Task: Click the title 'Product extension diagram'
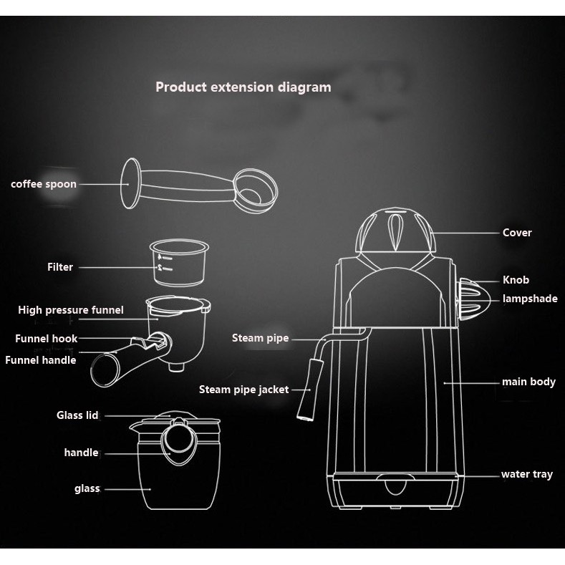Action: pyautogui.click(x=243, y=87)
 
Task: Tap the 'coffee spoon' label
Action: pyautogui.click(x=43, y=184)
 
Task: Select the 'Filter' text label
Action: pyautogui.click(x=60, y=267)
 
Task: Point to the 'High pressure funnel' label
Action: pyautogui.click(x=71, y=310)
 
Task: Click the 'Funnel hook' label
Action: pyautogui.click(x=46, y=338)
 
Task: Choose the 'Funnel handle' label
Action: pyautogui.click(x=41, y=360)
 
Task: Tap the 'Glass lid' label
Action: pyautogui.click(x=77, y=415)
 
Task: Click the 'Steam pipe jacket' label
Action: pyautogui.click(x=243, y=390)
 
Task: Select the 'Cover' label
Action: pyautogui.click(x=517, y=233)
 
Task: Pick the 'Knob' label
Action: pyautogui.click(x=516, y=280)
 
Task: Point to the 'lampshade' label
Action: pyautogui.click(x=530, y=299)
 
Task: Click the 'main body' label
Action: pyautogui.click(x=528, y=382)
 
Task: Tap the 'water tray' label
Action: pyautogui.click(x=526, y=474)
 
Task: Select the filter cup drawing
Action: pyautogui.click(x=178, y=262)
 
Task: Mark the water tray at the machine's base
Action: pyautogui.click(x=394, y=489)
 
